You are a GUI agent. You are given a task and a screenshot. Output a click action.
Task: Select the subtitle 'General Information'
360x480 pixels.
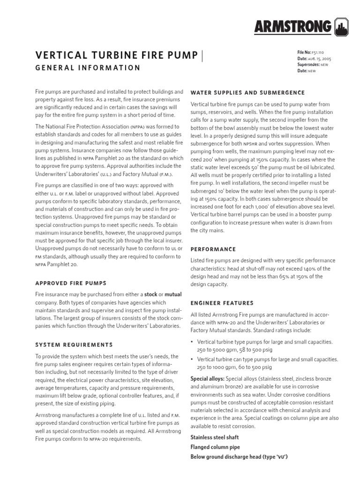88,68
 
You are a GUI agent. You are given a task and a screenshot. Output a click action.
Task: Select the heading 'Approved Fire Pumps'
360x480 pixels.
71,283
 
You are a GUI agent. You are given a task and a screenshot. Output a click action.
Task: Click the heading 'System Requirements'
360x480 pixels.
74,345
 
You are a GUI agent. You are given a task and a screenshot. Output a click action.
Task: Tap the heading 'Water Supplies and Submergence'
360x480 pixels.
247,92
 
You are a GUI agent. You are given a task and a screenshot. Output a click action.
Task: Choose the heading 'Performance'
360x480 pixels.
213,249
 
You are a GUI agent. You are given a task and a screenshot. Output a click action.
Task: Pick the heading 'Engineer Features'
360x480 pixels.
222,303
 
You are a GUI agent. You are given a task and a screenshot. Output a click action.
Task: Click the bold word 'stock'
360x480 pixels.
150,294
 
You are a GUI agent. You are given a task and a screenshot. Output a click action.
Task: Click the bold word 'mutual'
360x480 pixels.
173,294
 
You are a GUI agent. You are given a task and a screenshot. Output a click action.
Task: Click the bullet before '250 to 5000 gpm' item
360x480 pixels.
192,342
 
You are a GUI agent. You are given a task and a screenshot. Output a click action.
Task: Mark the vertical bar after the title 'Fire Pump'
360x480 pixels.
202,55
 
